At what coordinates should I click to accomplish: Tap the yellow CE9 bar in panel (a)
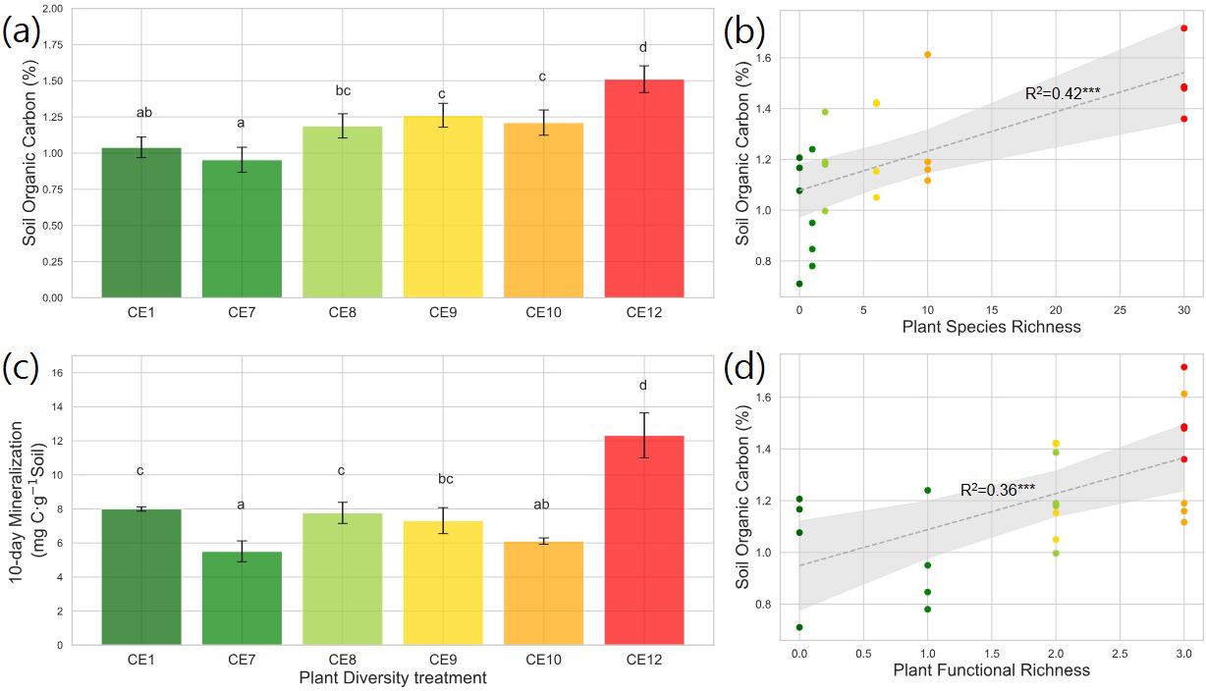443,206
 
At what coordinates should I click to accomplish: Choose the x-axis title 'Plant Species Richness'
992,327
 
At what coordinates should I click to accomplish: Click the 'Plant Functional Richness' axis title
992,671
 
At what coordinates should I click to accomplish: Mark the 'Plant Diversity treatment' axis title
393,677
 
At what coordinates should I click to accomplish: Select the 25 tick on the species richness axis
1120,308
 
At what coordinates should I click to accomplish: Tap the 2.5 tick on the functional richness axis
1120,653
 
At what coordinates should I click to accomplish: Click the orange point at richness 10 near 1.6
927,54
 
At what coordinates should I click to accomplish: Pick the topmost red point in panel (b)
1184,28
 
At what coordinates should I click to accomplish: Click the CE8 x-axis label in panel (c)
342,660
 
